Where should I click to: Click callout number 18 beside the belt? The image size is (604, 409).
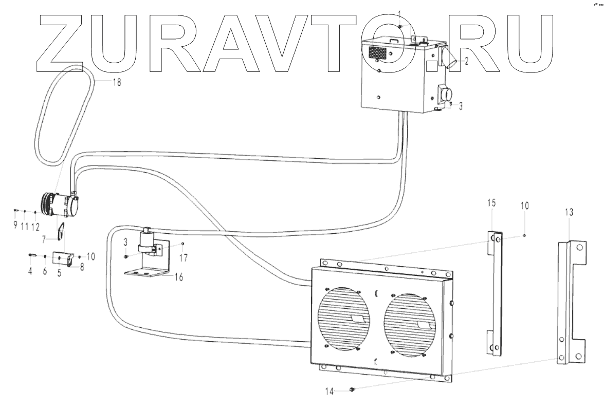pos(117,82)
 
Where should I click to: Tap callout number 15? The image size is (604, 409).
pos(491,203)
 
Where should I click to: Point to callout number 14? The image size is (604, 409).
pos(330,392)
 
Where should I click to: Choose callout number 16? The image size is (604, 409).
pos(178,276)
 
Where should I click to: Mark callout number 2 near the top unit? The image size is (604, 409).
pos(466,61)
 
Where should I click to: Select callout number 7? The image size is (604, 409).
pos(44,239)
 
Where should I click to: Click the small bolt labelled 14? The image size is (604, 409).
pos(352,390)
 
